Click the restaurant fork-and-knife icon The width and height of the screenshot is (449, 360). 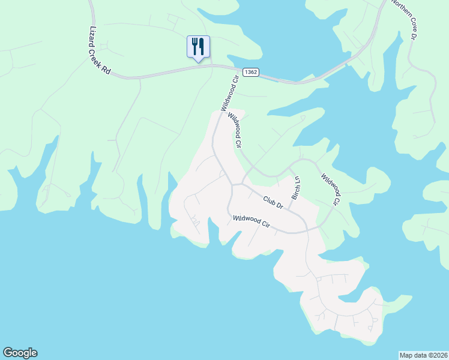point(198,47)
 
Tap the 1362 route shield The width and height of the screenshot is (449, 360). point(251,72)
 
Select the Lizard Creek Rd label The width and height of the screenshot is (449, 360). point(100,51)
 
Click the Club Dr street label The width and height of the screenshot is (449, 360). point(273,202)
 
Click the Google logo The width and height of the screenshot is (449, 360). point(20,353)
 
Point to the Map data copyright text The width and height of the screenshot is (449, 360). point(423,355)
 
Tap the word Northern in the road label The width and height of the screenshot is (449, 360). point(398,8)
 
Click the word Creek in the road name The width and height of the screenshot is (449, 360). point(100,53)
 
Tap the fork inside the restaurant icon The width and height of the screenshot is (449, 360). point(194,46)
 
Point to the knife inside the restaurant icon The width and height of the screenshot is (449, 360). point(202,46)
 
